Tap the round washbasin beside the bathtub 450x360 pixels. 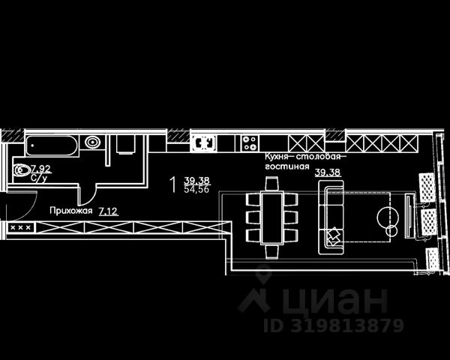(x=93, y=141)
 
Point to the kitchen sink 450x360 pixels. (x=203, y=141)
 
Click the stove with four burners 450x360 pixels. (x=250, y=141)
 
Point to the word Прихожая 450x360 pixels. (x=71, y=211)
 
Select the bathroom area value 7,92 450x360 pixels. (x=40, y=169)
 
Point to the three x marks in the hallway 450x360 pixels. (x=19, y=226)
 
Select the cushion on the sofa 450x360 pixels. (x=332, y=237)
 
